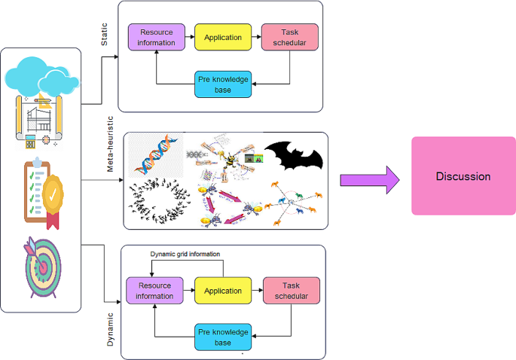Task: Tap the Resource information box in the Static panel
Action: tap(156, 38)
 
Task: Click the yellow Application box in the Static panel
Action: tap(221, 37)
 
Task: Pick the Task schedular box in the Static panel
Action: tap(290, 38)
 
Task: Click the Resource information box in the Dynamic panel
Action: tap(155, 291)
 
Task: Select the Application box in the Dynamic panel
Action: tap(221, 291)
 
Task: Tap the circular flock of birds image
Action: tap(160, 203)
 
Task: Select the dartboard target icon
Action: tap(41, 268)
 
